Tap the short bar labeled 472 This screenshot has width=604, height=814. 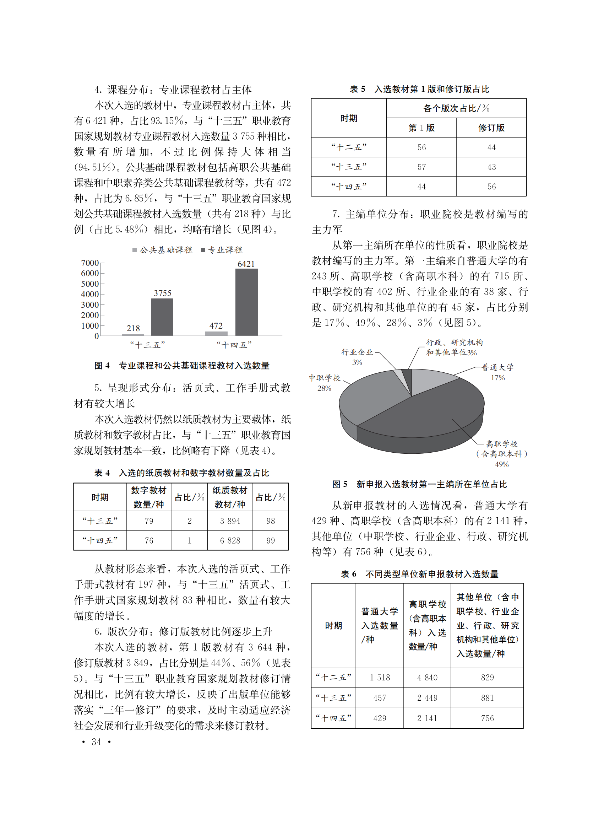point(216,333)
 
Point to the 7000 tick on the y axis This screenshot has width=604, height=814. point(90,263)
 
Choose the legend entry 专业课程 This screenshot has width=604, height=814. point(222,250)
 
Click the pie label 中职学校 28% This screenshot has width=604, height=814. point(324,382)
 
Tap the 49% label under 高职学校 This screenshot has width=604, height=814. point(502,464)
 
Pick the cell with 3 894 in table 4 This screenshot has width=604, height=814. point(230,521)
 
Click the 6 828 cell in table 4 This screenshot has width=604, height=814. point(230,540)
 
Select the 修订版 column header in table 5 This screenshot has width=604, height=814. point(491,128)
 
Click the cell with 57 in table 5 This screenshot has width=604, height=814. point(421,167)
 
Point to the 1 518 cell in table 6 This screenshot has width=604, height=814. point(380,677)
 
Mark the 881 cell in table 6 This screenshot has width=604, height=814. point(487,698)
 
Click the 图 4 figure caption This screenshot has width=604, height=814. point(182,366)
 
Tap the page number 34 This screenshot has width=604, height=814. point(96,742)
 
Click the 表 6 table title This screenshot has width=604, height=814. point(419,574)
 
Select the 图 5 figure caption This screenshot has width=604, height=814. point(419,484)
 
